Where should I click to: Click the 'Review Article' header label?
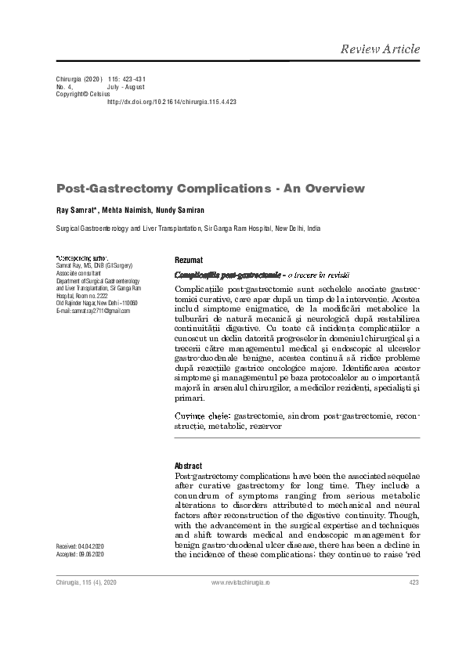pos(380,49)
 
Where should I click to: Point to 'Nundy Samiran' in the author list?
pos(180,211)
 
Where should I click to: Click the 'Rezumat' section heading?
pos(189,260)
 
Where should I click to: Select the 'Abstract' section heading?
pos(188,466)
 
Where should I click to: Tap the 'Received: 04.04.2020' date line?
pos(81,545)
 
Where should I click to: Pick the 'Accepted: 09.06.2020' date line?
pos(81,554)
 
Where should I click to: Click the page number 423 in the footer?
pos(414,583)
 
